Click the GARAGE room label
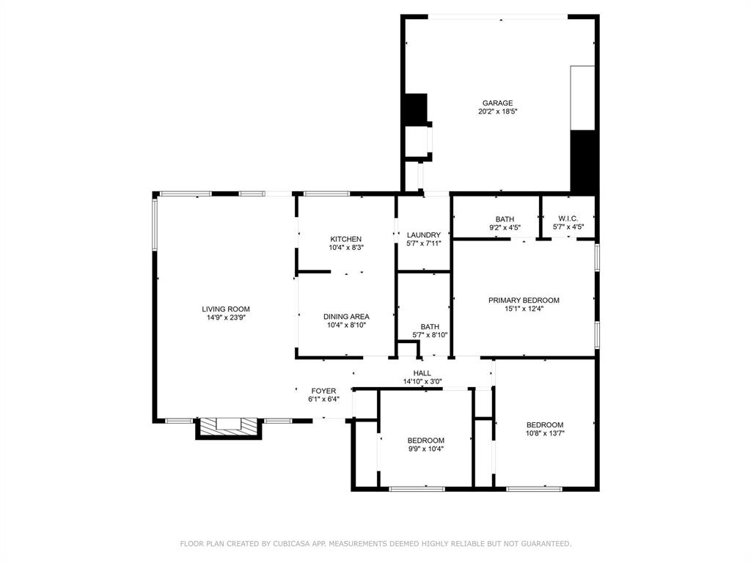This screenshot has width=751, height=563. point(497,103)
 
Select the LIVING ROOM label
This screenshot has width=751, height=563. point(226,309)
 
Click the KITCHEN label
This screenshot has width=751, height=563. point(345,239)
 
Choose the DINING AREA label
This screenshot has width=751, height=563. point(346,317)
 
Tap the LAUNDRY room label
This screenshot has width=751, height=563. point(423,235)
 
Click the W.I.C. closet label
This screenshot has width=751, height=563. point(568,218)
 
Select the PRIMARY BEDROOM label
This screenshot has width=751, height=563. point(524,300)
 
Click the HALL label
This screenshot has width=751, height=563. point(422,373)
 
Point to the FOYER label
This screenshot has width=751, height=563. point(323,391)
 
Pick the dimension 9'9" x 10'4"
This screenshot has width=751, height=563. point(426,449)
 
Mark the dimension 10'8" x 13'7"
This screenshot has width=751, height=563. point(545,433)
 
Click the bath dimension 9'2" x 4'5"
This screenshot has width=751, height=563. point(505,228)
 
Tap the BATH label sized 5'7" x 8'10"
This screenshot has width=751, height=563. point(430,327)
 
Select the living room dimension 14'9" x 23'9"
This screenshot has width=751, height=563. point(226,318)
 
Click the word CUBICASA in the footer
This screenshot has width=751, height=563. point(290,544)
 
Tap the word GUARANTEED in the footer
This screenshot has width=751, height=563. point(543,544)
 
